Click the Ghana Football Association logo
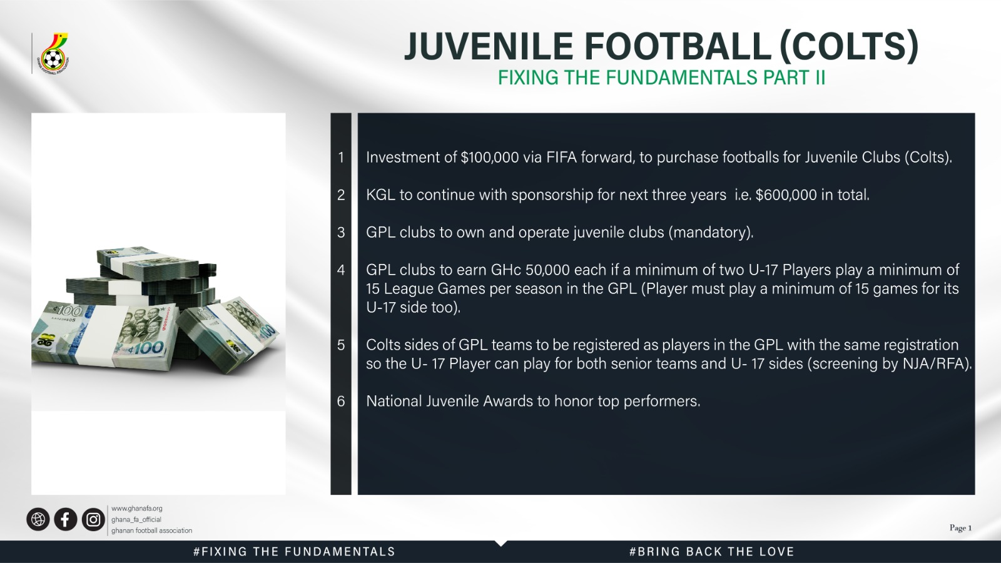coord(53,53)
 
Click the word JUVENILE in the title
coord(489,46)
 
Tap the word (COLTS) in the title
coord(849,46)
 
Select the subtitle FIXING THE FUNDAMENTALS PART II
coord(661,78)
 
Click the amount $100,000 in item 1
coord(490,158)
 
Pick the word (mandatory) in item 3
coord(711,233)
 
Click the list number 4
coord(341,270)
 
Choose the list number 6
coord(341,401)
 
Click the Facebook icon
coord(66,519)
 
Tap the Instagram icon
coord(93,519)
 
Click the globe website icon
coord(38,519)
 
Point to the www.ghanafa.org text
coord(137,509)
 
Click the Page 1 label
coord(961,528)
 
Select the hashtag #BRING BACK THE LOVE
coord(712,552)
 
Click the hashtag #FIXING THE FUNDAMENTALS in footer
coord(294,552)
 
